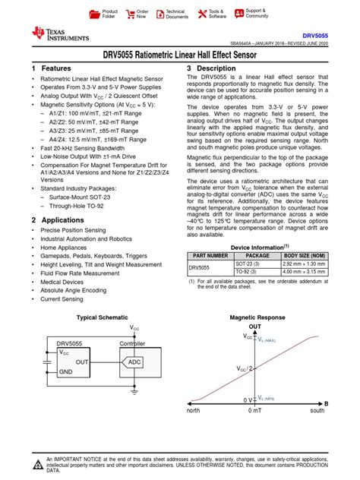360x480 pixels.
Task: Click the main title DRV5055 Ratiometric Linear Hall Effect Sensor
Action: pyautogui.click(x=180, y=56)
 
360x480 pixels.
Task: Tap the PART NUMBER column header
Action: pyautogui.click(x=210, y=255)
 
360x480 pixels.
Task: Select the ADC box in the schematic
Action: pyautogui.click(x=134, y=363)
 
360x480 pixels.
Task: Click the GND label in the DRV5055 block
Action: pyautogui.click(x=66, y=373)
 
